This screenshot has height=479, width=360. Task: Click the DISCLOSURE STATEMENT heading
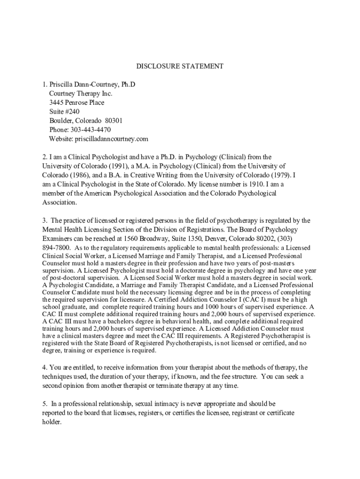point(180,66)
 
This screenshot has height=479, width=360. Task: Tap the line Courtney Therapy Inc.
point(80,94)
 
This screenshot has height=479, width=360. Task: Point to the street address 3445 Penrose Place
point(77,102)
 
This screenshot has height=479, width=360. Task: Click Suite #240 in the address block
point(65,111)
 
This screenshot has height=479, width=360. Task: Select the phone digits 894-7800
point(57,247)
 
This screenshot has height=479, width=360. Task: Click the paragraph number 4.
point(43,368)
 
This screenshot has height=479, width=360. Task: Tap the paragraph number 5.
point(43,404)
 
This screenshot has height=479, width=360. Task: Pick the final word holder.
point(51,422)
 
